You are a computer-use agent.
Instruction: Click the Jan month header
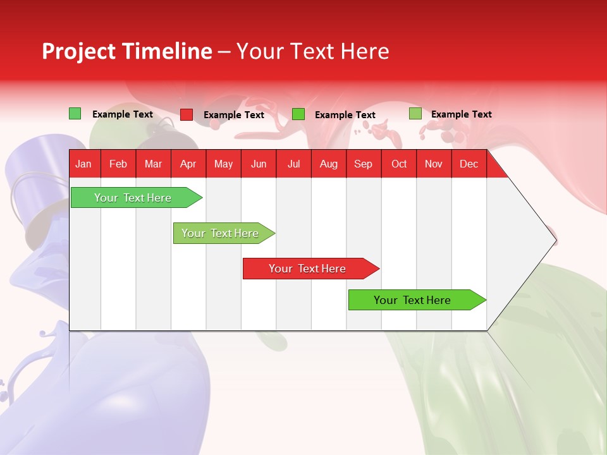pyautogui.click(x=83, y=164)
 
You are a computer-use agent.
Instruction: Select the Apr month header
pyautogui.click(x=188, y=164)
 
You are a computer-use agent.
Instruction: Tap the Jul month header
pyautogui.click(x=293, y=164)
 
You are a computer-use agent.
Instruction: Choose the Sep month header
pyautogui.click(x=363, y=164)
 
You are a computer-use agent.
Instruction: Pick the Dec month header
pyautogui.click(x=469, y=164)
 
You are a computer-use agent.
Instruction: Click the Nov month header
pyautogui.click(x=434, y=164)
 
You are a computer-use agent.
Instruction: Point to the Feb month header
pyautogui.click(x=118, y=164)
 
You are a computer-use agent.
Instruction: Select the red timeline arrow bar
pyautogui.click(x=310, y=269)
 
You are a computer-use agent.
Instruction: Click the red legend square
pyautogui.click(x=186, y=114)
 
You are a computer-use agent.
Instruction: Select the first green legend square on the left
pyautogui.click(x=75, y=114)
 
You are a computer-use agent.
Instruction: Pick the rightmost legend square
pyautogui.click(x=415, y=114)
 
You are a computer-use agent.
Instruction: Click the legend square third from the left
pyautogui.click(x=298, y=114)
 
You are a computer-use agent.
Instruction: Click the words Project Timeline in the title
pyautogui.click(x=126, y=51)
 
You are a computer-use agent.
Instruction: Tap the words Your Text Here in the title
pyautogui.click(x=312, y=51)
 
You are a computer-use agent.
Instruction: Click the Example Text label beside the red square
pyautogui.click(x=233, y=115)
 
